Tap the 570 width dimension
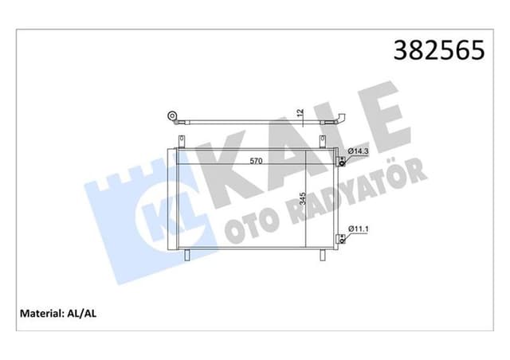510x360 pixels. pyautogui.click(x=256, y=162)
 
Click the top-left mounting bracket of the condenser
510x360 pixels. pyautogui.click(x=182, y=143)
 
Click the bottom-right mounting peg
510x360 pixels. pyautogui.click(x=324, y=255)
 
